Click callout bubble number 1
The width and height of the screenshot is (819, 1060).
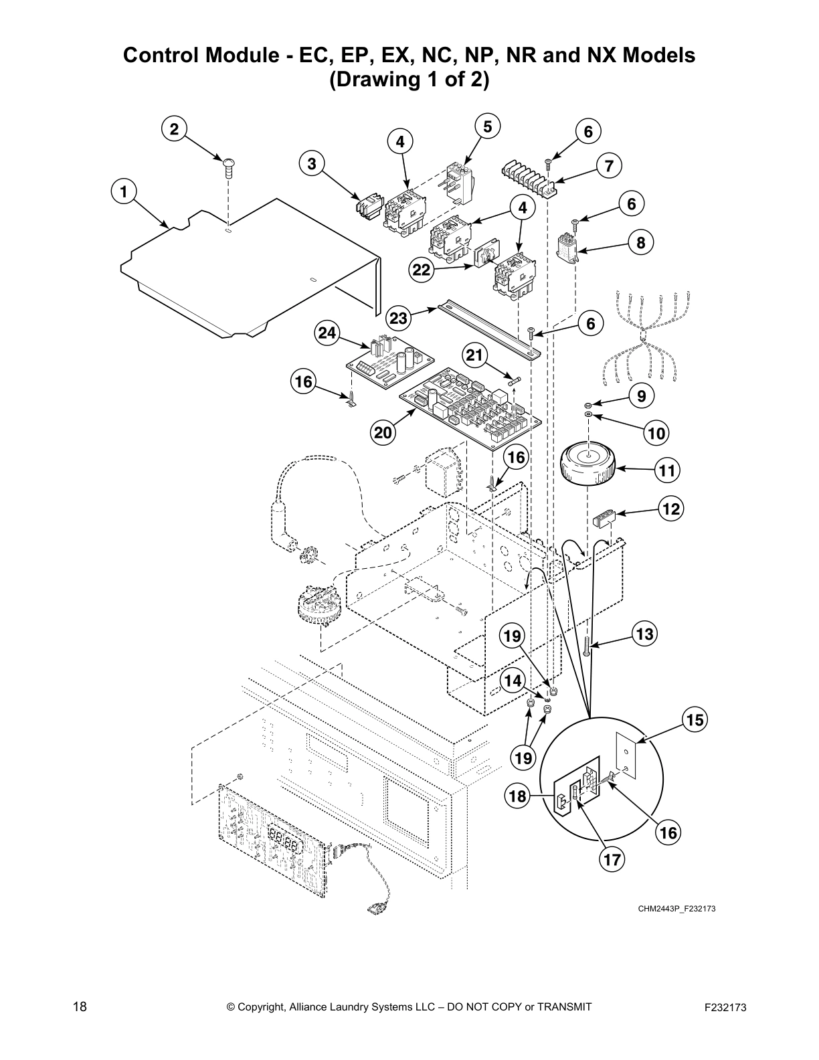pyautogui.click(x=123, y=192)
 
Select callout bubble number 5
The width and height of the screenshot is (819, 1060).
pyautogui.click(x=487, y=126)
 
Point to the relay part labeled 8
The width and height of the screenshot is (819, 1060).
pyautogui.click(x=567, y=248)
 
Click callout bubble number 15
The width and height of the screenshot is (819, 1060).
pyautogui.click(x=695, y=720)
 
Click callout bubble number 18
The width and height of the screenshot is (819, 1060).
pyautogui.click(x=517, y=796)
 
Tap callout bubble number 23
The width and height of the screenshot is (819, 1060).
pyautogui.click(x=399, y=319)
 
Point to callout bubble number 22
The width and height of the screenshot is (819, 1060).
pyautogui.click(x=422, y=270)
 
